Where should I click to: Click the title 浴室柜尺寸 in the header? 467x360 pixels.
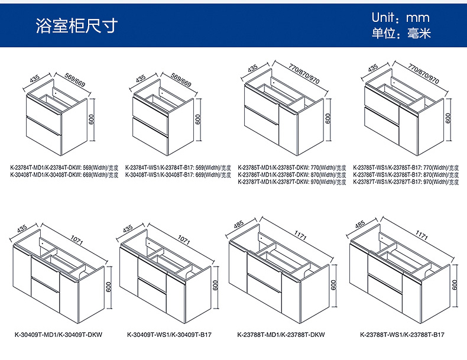click(76, 25)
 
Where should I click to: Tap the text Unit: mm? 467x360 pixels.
click(401, 18)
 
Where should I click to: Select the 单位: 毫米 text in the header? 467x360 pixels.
click(401, 34)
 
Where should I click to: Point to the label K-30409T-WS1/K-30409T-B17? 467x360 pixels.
click(169, 335)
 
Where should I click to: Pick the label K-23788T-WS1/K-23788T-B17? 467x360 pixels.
click(402, 335)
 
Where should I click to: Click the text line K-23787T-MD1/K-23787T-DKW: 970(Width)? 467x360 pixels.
click(292, 182)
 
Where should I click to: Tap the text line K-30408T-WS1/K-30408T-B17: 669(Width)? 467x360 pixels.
click(178, 175)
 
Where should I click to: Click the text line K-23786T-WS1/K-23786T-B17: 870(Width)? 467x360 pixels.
click(406, 175)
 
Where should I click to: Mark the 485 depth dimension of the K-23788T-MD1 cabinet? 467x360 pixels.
click(239, 225)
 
